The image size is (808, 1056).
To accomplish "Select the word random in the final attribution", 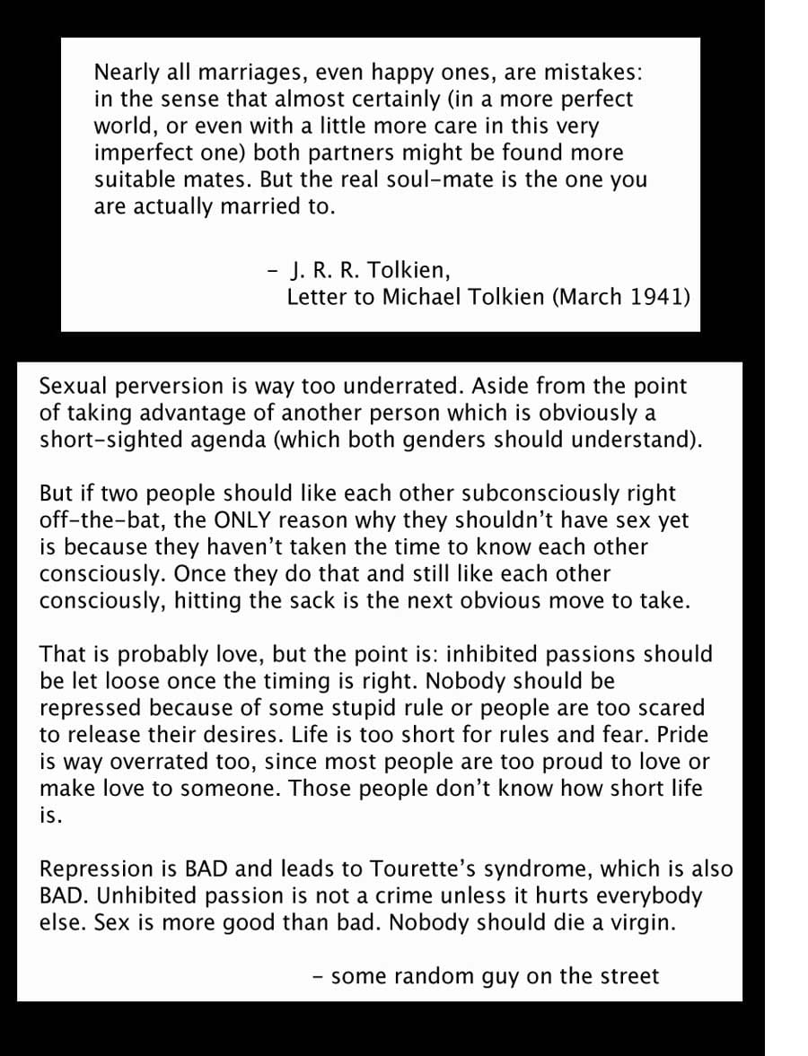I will pos(426,976).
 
